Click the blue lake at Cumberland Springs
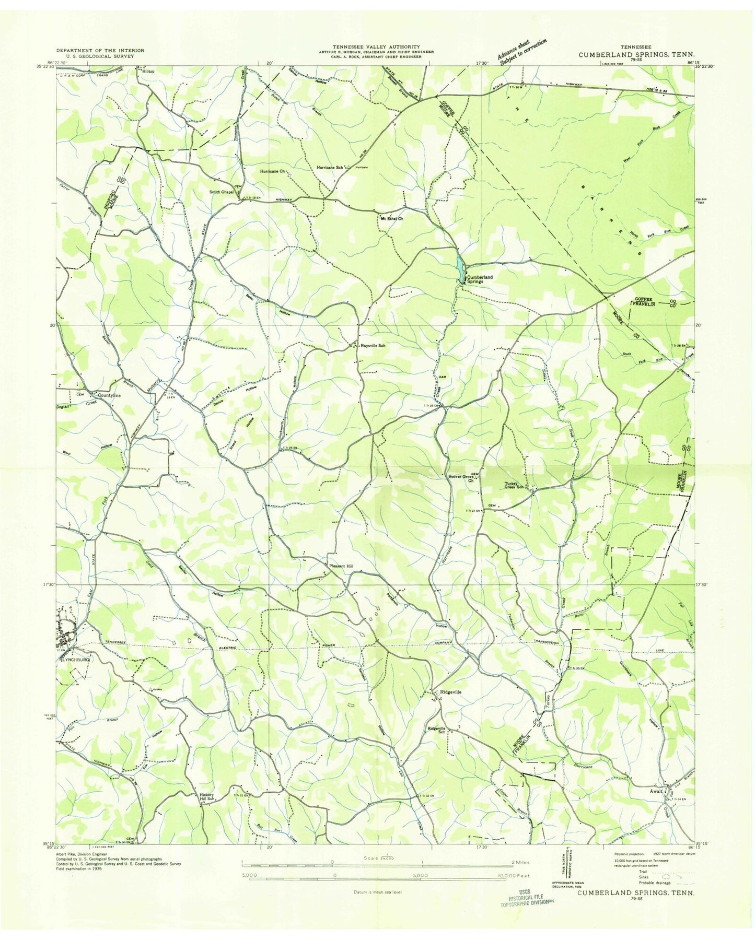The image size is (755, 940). pyautogui.click(x=458, y=267)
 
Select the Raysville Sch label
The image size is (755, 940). pyautogui.click(x=373, y=346)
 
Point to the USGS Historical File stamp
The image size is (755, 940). pyautogui.click(x=524, y=898)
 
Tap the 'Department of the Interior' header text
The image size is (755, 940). pyautogui.click(x=100, y=51)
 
